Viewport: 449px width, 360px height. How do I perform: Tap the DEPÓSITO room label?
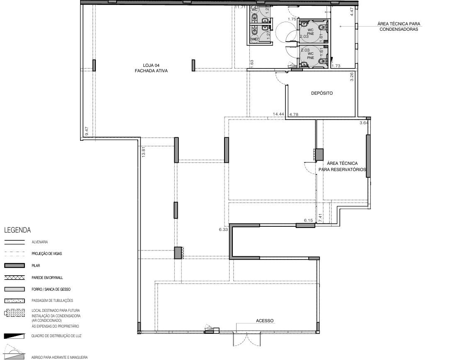pos(322,93)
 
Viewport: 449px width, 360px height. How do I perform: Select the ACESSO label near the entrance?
pos(265,321)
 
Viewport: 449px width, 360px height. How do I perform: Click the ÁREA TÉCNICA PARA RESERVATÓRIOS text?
pos(342,167)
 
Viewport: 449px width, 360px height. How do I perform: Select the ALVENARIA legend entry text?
pos(39,242)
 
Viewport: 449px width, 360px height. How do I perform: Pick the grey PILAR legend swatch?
pos(14,265)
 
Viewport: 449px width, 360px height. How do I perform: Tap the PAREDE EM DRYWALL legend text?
pos(47,277)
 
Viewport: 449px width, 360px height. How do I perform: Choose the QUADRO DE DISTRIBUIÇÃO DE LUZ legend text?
pos(56,336)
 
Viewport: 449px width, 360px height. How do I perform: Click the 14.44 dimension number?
pos(278,114)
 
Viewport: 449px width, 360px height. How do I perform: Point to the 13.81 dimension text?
pos(143,152)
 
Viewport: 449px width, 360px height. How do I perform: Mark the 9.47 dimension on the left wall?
pos(87,132)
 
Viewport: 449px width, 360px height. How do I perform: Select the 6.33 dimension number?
pos(224,229)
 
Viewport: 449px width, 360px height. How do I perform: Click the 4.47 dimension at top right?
pos(351,12)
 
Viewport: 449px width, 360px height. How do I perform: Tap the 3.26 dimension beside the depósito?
pos(351,76)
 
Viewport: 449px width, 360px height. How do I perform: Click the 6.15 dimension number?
pos(308,220)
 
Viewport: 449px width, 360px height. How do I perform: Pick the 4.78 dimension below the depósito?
pos(294,114)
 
